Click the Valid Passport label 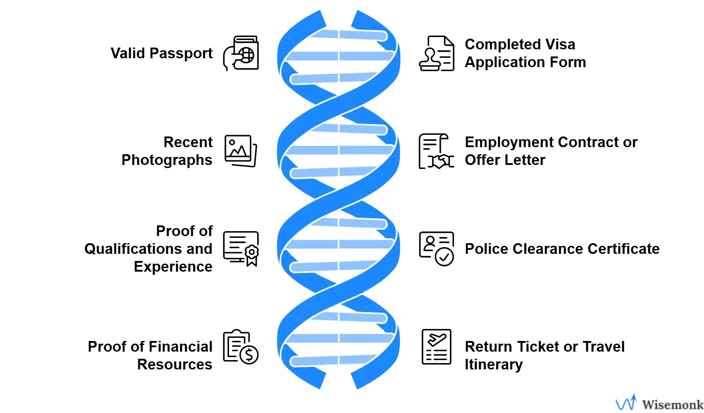coord(161,53)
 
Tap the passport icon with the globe coord(241,53)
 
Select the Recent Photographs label coord(167,151)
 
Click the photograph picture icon coord(241,151)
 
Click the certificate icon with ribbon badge coord(241,249)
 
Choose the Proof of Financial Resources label coord(150,355)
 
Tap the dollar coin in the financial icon coord(249,355)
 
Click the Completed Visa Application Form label coord(525,53)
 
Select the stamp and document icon coord(436,53)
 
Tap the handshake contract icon coord(436,152)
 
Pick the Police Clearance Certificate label coord(562,249)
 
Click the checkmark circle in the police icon coord(444,257)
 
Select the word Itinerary coord(494,365)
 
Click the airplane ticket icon coord(436,347)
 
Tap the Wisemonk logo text coord(672,405)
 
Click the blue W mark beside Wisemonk coord(626,403)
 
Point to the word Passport coord(181,53)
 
